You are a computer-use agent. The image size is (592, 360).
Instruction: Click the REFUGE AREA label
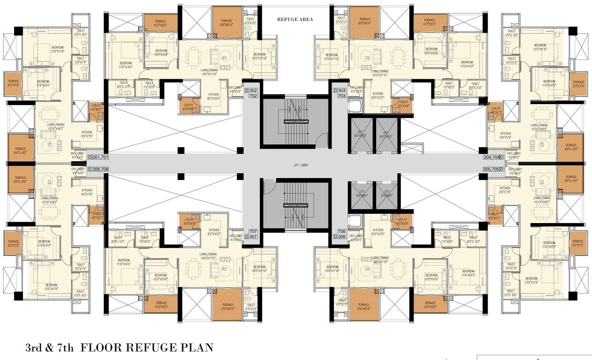coord(295,19)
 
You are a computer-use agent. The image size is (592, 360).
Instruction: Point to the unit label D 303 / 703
coord(339,92)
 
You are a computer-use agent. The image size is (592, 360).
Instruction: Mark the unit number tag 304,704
coord(493,157)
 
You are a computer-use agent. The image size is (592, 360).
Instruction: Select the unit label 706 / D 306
coord(339,234)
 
